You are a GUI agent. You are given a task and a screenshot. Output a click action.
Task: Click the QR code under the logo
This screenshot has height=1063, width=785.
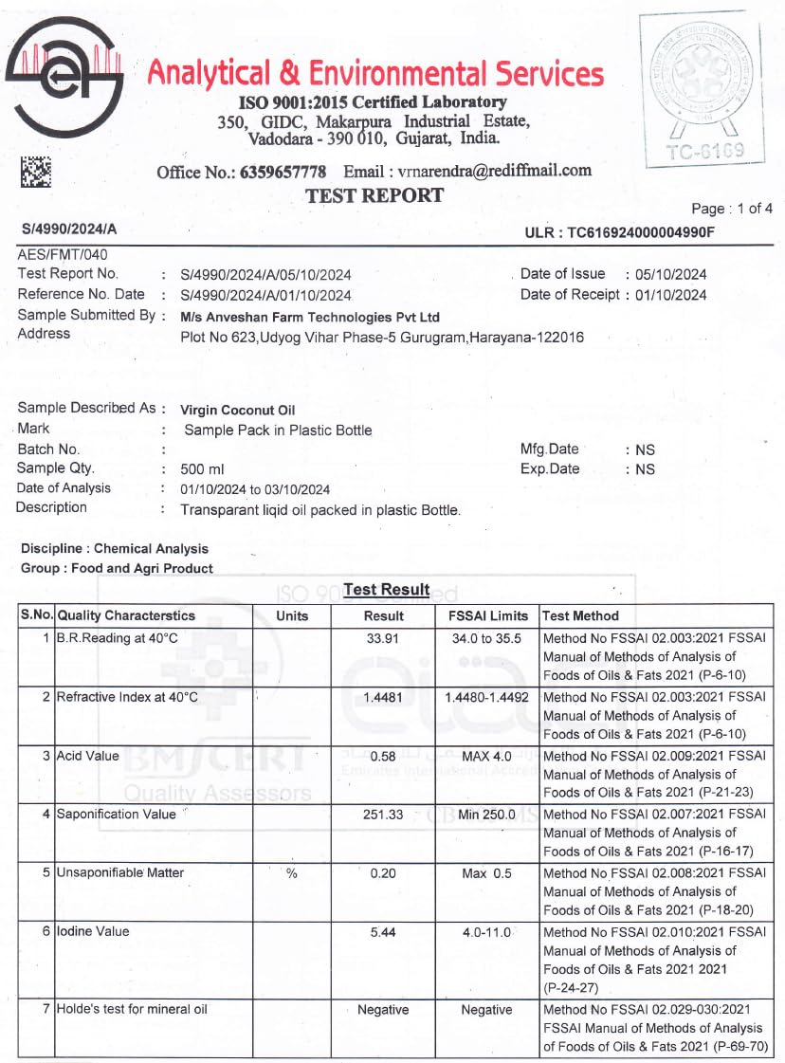[x=36, y=172]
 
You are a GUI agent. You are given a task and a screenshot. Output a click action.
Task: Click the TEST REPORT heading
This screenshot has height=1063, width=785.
[x=374, y=196]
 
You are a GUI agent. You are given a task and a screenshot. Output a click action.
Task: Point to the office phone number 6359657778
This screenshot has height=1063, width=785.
[x=283, y=172]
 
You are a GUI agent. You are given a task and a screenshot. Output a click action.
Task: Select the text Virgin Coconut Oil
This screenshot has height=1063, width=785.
[x=238, y=410]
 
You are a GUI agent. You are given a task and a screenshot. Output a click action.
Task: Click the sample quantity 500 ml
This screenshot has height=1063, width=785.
[x=202, y=469]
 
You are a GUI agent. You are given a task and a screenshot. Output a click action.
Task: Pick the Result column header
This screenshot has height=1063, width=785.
[x=384, y=615]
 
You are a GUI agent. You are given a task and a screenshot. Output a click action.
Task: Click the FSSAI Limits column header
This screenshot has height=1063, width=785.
[x=487, y=615]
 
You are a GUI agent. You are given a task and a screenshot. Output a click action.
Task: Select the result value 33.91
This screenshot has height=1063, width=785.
[x=383, y=638]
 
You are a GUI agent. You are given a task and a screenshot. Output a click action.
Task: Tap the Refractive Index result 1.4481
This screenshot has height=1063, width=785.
[x=383, y=697]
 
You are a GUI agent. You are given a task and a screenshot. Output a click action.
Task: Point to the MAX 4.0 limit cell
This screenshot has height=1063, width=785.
[x=487, y=756]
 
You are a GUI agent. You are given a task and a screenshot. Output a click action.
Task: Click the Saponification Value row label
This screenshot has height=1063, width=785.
[x=116, y=814]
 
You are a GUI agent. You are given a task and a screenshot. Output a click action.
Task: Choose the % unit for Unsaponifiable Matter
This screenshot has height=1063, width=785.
[x=292, y=873]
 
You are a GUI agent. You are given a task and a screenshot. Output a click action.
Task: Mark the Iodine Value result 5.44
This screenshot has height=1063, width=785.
[x=383, y=932]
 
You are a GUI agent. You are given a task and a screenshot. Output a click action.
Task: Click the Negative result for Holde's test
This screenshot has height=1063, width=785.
[x=383, y=1010]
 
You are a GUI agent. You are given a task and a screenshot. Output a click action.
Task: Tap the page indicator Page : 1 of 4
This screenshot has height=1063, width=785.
[x=732, y=209]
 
